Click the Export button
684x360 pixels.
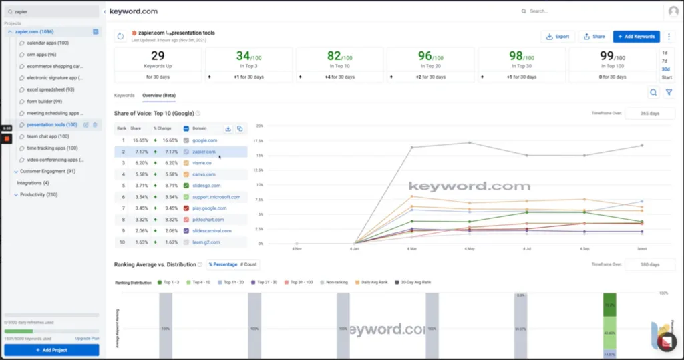tap(558, 37)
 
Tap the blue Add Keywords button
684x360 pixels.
tap(636, 37)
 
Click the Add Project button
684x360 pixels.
tap(51, 350)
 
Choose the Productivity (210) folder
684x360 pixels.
tap(39, 194)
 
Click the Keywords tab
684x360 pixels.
tap(124, 96)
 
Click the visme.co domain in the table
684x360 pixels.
tap(202, 163)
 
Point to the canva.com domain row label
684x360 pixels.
tap(203, 174)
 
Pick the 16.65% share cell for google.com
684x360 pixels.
tap(140, 140)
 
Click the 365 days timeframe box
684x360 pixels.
tap(650, 114)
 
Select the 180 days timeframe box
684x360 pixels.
tap(650, 265)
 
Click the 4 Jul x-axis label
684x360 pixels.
tap(527, 249)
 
